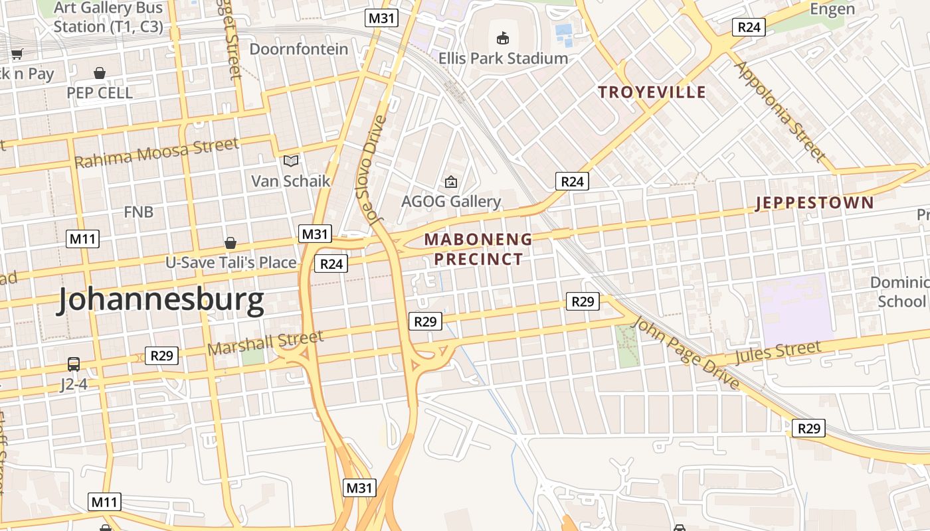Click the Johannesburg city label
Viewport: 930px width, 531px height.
[160, 301]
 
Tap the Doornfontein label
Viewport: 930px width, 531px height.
[298, 49]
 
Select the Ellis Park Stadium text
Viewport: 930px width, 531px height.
[503, 58]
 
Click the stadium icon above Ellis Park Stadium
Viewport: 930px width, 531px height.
[503, 38]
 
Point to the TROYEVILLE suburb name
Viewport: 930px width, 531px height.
[652, 92]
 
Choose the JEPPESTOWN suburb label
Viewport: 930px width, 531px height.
[814, 203]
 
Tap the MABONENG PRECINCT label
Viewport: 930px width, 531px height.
[478, 249]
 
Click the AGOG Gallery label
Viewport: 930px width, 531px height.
[451, 201]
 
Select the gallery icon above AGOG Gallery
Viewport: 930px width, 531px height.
[451, 181]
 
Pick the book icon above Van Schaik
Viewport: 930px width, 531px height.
[290, 161]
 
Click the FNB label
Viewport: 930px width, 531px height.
[139, 212]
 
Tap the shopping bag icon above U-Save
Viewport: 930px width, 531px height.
[231, 243]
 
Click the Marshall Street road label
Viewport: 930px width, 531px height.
[265, 343]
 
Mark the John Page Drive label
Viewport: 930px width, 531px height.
[686, 352]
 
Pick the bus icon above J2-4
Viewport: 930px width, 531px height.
[74, 364]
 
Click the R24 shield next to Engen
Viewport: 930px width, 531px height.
[749, 27]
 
